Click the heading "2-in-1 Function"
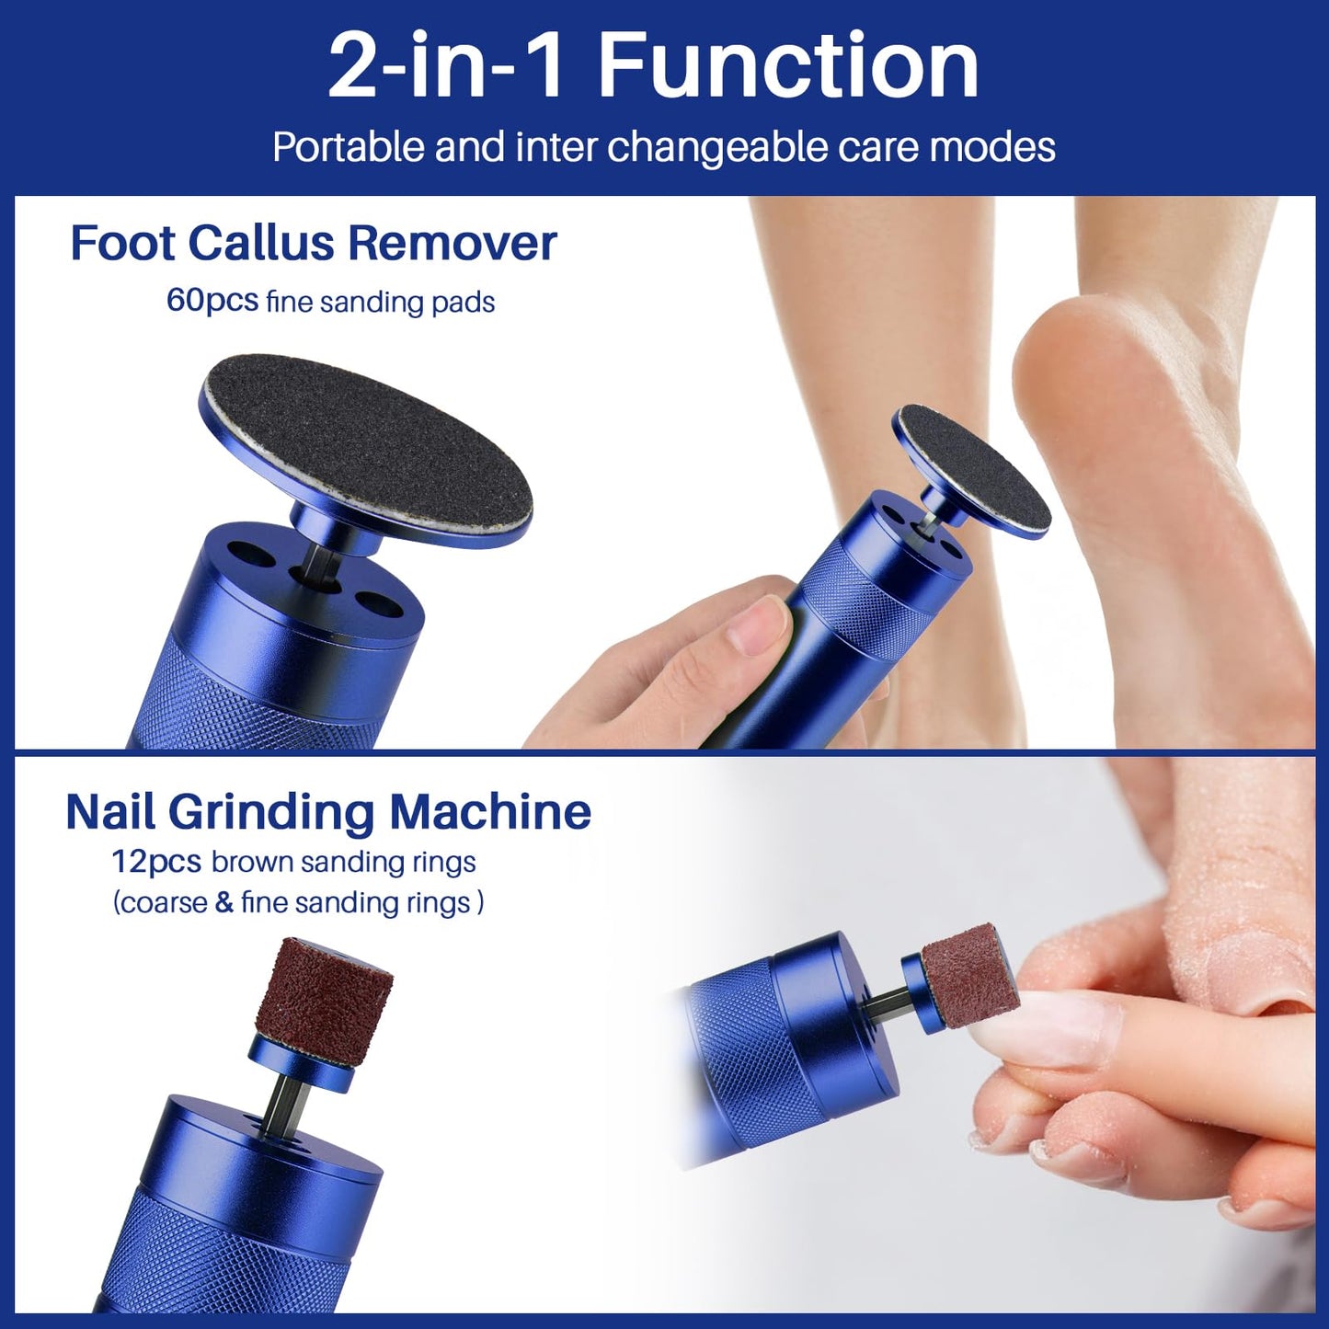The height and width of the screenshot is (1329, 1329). point(653,66)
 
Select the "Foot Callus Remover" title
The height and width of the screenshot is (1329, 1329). point(314,244)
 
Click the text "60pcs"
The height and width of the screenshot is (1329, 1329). point(212,301)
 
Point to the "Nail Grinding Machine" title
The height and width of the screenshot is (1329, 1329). point(328,812)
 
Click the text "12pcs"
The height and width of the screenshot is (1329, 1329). point(155,862)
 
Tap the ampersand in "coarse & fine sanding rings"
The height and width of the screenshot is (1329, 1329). point(223,902)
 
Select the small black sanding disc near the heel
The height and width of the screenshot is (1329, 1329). point(974,468)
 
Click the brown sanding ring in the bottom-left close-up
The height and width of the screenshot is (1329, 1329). point(324,989)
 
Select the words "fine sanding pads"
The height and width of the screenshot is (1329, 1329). point(380,302)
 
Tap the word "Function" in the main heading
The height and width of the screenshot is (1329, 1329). point(788,66)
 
